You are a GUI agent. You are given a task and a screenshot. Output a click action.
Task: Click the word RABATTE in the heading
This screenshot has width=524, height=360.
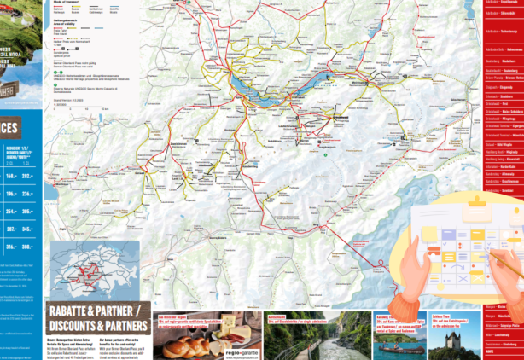pos(72,310)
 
